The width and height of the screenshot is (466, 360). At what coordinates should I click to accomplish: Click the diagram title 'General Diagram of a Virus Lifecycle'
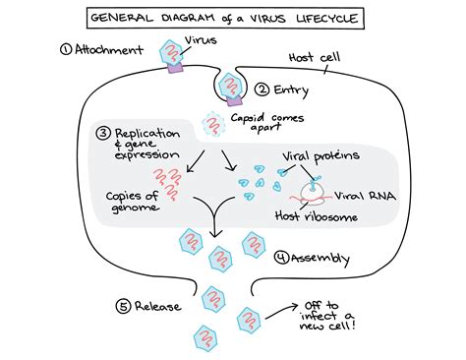coord(233,19)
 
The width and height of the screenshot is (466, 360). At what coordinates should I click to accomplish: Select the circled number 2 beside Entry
coord(261,90)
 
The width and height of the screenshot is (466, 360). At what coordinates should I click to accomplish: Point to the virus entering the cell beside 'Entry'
coord(232,89)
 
